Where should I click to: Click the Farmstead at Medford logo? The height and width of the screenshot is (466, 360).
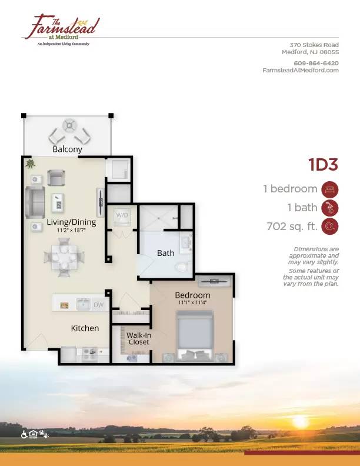pyautogui.click(x=62, y=31)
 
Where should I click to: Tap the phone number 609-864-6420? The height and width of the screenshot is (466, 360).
pyautogui.click(x=316, y=63)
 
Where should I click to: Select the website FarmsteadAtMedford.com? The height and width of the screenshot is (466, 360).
pyautogui.click(x=301, y=70)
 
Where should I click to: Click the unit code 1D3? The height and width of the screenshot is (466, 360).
pyautogui.click(x=323, y=164)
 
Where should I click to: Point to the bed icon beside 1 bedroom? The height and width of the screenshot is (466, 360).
pyautogui.click(x=329, y=189)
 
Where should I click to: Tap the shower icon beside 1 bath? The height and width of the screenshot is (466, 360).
pyautogui.click(x=329, y=208)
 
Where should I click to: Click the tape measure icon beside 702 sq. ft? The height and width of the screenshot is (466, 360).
pyautogui.click(x=329, y=227)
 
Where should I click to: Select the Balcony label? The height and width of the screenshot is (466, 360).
pyautogui.click(x=67, y=149)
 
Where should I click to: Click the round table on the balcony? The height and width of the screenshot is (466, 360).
pyautogui.click(x=69, y=125)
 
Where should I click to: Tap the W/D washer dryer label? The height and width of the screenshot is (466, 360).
pyautogui.click(x=122, y=215)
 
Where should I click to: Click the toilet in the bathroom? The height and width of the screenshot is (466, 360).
pyautogui.click(x=182, y=267)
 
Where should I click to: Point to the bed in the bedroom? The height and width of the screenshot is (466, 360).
pyautogui.click(x=195, y=336)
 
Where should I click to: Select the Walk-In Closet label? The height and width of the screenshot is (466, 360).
pyautogui.click(x=139, y=338)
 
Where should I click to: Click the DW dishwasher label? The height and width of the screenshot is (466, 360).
pyautogui.click(x=99, y=305)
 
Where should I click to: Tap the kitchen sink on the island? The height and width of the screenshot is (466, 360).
pyautogui.click(x=84, y=304)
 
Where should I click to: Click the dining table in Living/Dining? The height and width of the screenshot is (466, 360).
pyautogui.click(x=64, y=257)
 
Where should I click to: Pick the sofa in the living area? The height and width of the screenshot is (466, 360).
pyautogui.click(x=35, y=202)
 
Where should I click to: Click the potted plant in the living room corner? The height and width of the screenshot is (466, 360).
pyautogui.click(x=30, y=164)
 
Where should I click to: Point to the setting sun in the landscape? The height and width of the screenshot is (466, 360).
pyautogui.click(x=300, y=422)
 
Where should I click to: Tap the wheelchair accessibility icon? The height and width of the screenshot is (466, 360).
pyautogui.click(x=24, y=434)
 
